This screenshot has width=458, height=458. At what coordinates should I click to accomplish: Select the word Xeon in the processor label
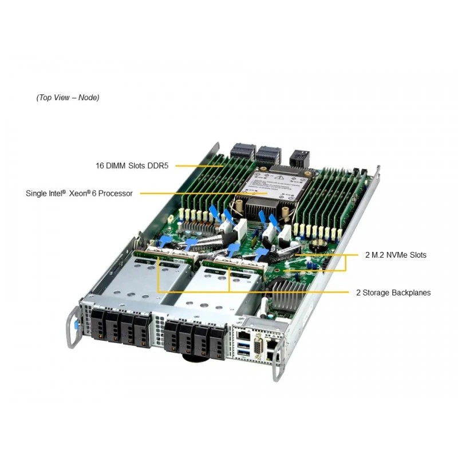point(78,194)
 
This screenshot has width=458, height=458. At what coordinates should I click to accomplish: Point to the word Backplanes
point(411,293)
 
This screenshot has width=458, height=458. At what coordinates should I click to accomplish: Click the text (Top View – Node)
point(68,97)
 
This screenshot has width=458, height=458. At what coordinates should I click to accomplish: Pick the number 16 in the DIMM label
point(100,165)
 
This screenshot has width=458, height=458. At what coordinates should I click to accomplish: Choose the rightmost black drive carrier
point(218,342)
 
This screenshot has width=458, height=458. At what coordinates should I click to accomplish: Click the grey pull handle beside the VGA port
point(278,360)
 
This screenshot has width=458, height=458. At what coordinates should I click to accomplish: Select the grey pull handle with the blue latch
point(74,327)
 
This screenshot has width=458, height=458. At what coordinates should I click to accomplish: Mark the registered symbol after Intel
point(64,191)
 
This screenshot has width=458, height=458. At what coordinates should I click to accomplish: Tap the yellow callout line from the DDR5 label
point(199,166)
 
